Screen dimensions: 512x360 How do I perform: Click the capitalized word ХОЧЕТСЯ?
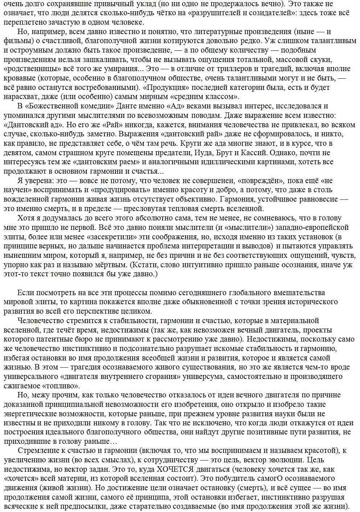pyautogui.click(x=174, y=469)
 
